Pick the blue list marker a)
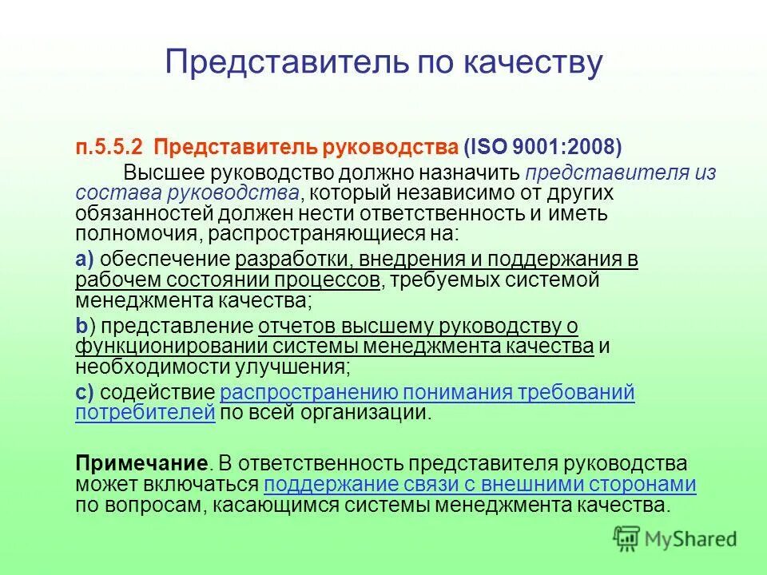click(85, 260)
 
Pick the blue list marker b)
click(85, 326)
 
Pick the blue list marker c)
click(85, 392)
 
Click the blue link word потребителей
click(145, 413)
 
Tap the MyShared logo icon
click(628, 538)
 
